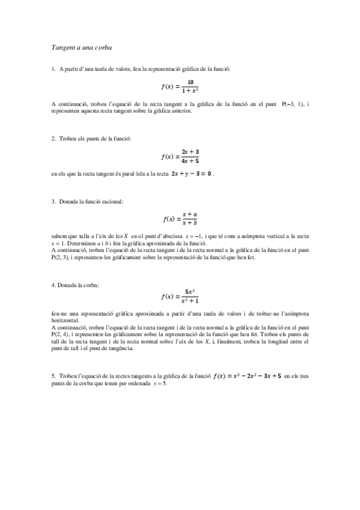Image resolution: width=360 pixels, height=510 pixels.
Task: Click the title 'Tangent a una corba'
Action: (x=82, y=46)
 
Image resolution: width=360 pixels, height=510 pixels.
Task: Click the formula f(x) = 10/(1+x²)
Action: (x=180, y=87)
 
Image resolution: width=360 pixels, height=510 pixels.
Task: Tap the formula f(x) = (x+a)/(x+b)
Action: (x=180, y=219)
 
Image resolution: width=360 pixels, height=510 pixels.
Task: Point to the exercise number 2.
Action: (x=53, y=139)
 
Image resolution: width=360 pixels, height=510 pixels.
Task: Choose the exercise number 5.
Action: (x=53, y=376)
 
